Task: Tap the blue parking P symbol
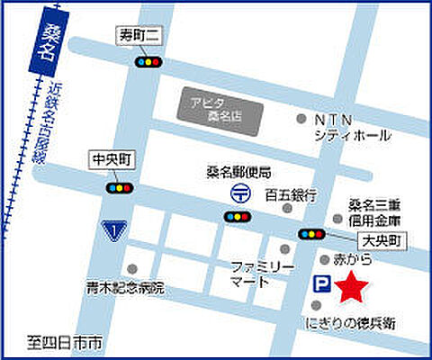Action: click(319, 284)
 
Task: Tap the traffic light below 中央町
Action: click(119, 188)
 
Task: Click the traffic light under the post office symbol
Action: click(237, 216)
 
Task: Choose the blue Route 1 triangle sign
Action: click(113, 231)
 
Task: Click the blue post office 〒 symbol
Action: click(238, 192)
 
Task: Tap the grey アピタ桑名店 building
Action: click(216, 109)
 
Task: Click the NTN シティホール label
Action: click(352, 127)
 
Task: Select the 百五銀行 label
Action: click(290, 193)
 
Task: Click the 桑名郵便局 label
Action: click(238, 170)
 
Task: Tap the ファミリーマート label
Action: click(263, 273)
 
